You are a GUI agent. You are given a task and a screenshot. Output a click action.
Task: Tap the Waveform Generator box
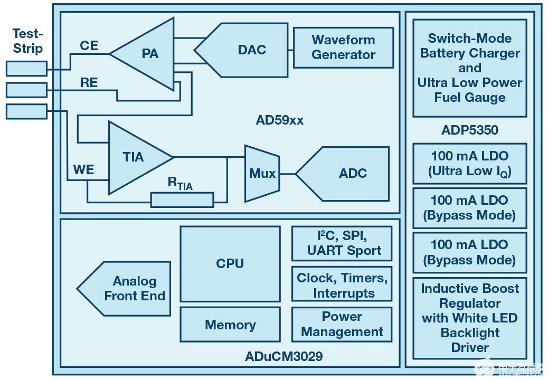[343, 47]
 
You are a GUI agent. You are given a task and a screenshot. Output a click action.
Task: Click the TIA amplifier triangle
[135, 157]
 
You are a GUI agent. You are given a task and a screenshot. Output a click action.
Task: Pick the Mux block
[262, 173]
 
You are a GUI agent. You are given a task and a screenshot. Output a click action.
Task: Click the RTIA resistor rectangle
[182, 200]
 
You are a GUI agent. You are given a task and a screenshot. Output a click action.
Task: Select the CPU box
[230, 263]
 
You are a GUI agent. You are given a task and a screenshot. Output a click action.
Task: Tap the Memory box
[230, 325]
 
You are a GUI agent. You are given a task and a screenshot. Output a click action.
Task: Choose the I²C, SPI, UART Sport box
[342, 243]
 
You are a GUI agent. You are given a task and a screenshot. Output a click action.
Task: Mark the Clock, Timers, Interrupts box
[342, 286]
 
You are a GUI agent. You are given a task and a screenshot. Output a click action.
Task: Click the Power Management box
[342, 324]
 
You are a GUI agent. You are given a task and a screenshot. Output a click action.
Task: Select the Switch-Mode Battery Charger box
[469, 68]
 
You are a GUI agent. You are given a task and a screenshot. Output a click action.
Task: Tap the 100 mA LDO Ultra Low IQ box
[469, 164]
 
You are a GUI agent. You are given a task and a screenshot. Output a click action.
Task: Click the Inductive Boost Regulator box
[469, 318]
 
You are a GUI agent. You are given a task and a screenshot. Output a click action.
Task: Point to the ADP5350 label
[470, 130]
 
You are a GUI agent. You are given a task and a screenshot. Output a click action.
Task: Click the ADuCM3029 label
[284, 356]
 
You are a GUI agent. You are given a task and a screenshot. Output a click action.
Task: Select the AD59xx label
[279, 120]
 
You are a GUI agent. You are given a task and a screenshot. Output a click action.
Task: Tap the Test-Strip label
[27, 41]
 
